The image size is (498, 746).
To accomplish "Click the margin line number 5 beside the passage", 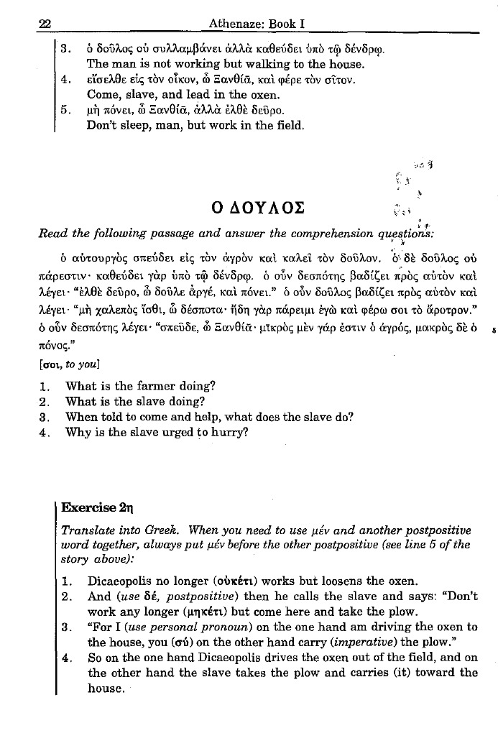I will point(487,351).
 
